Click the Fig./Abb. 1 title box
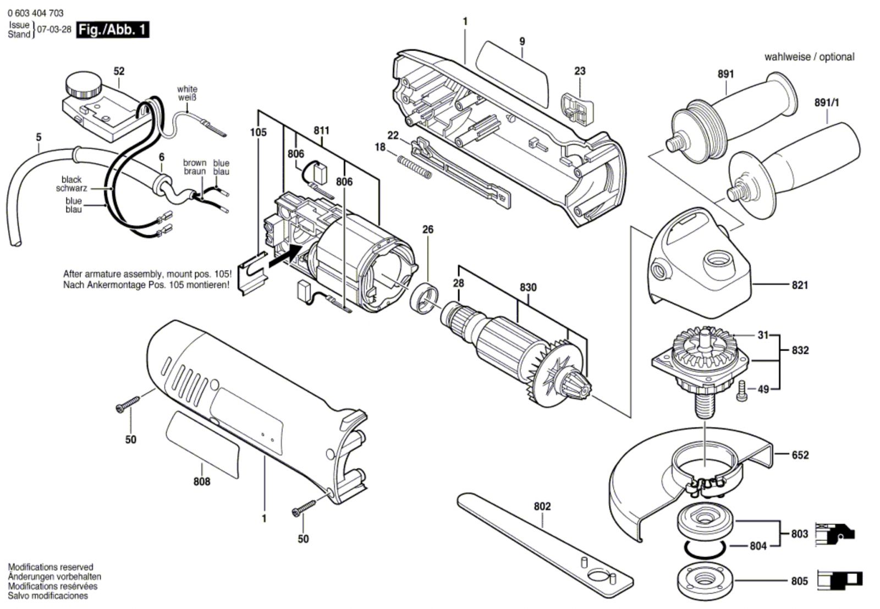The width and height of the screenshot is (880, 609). [x=112, y=29]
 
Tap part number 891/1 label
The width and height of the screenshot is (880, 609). [x=827, y=103]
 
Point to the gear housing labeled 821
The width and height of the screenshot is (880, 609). [x=698, y=264]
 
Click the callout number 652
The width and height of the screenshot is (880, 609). [x=800, y=455]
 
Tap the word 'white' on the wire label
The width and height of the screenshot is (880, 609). [x=187, y=89]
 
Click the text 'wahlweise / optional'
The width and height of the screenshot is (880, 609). [x=809, y=57]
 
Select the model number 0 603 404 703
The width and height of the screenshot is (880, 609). [x=36, y=13]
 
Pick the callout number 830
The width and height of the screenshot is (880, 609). [x=528, y=287]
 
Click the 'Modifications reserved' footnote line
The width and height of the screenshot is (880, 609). [x=51, y=567]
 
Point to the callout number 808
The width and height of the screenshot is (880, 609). [x=202, y=481]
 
